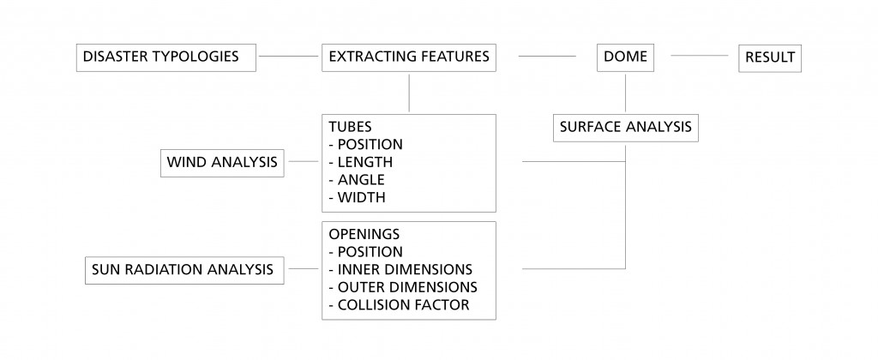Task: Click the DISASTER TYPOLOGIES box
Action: (165, 58)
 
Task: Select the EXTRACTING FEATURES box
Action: (409, 58)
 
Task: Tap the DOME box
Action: (626, 58)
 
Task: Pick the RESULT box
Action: (770, 58)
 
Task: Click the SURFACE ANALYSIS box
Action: (625, 128)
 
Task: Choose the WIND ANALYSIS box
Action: (223, 162)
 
